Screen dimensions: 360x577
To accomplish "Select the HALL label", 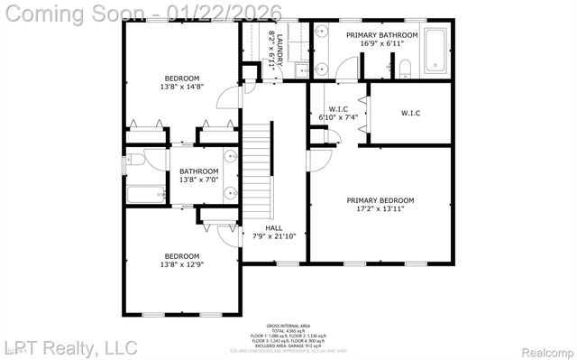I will coord(274,226).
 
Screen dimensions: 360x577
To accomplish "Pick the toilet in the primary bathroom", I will coord(405,67).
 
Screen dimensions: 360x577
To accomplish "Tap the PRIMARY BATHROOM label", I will coord(382,34).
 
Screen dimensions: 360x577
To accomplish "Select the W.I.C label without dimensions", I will coord(411,113).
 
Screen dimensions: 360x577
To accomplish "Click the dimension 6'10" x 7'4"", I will coord(338,117).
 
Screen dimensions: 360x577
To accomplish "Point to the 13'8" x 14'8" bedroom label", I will coord(182,82).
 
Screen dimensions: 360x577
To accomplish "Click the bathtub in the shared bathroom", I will coord(145,193).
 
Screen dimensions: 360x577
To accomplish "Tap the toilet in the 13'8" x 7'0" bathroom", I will coord(134,160).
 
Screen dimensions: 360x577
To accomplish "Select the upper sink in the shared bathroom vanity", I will coord(230,155).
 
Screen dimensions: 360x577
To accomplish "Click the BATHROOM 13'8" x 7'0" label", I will coord(197,175).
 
